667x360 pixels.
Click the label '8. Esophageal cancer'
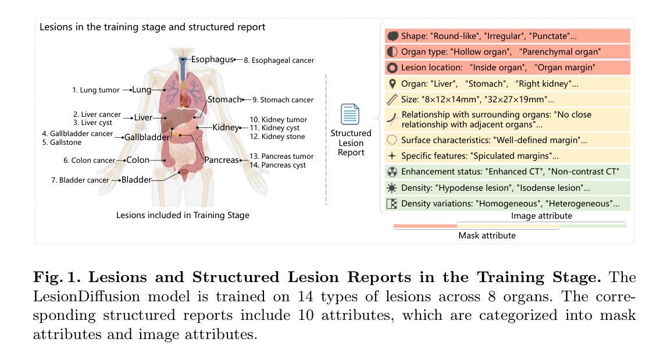279,60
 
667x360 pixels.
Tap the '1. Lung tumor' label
96,90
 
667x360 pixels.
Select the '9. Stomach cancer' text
283,100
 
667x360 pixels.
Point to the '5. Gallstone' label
62,142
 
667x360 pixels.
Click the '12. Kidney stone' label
277,137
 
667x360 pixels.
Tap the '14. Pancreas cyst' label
277,165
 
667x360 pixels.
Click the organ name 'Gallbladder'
147,137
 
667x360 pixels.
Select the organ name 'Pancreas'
222,160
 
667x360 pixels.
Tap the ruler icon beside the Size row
392,99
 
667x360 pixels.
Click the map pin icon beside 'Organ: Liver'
392,84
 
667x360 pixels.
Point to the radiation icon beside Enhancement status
392,172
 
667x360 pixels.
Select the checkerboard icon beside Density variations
392,204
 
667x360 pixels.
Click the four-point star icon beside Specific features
392,156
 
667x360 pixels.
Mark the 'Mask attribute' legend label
487,236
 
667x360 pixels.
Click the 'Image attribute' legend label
541,216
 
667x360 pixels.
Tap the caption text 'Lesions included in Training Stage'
183,215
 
